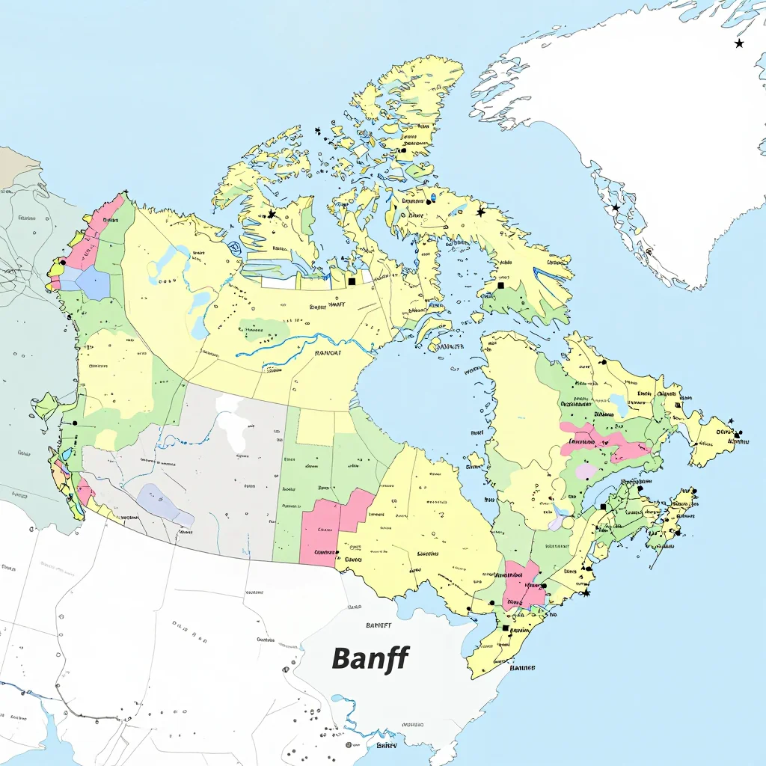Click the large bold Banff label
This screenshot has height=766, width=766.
(x=370, y=658)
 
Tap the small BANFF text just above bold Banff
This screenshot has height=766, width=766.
(x=379, y=625)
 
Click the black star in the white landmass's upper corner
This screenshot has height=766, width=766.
(x=739, y=43)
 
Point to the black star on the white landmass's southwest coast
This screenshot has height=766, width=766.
(x=616, y=207)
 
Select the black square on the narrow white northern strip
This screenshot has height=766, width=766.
(x=352, y=282)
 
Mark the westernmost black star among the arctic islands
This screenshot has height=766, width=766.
(x=272, y=214)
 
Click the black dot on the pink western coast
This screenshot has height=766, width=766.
(x=63, y=263)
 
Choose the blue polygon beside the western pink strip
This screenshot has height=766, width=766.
(x=91, y=283)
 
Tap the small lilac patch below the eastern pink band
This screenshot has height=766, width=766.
(x=586, y=472)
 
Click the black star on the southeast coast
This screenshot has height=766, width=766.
(x=586, y=593)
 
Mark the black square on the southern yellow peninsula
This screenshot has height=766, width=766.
(x=506, y=628)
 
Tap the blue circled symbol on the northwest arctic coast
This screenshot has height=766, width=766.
(x=236, y=248)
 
